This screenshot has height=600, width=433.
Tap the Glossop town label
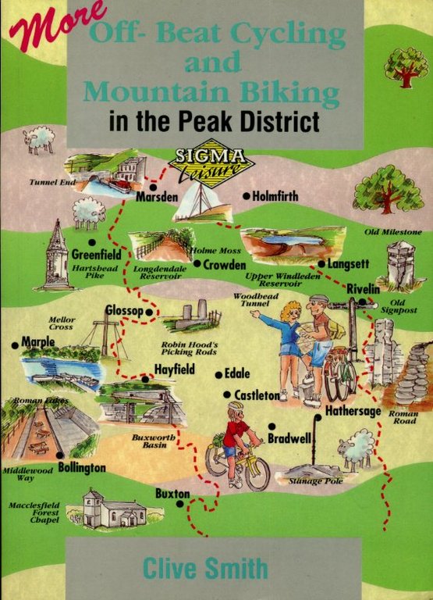124,311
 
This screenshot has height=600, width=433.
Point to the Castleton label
257,396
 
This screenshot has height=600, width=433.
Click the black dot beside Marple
15,345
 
